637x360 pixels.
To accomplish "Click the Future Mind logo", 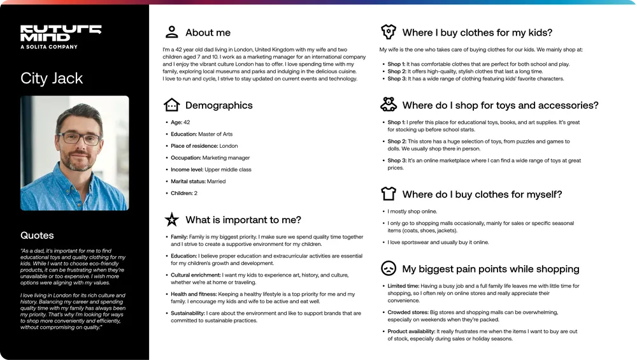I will coord(61,33).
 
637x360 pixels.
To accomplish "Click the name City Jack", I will coord(52,78).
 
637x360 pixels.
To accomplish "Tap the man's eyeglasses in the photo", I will coord(79,138).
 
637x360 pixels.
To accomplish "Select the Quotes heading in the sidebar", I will coord(37,235).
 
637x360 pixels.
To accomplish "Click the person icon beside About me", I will coord(171,32).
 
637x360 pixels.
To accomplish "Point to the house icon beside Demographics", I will coord(171,105).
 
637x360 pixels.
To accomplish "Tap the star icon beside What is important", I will coord(171,220).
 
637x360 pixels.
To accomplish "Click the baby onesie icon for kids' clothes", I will coord(388,32).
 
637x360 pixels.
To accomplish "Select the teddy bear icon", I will coord(388,105).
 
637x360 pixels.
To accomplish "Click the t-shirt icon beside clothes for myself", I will coord(388,194).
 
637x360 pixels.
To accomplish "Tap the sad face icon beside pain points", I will coord(388,268).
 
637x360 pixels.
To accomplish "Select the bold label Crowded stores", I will coord(408,312).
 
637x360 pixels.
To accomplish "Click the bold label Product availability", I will coord(411,331).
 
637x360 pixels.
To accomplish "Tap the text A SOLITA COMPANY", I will coord(49,47).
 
